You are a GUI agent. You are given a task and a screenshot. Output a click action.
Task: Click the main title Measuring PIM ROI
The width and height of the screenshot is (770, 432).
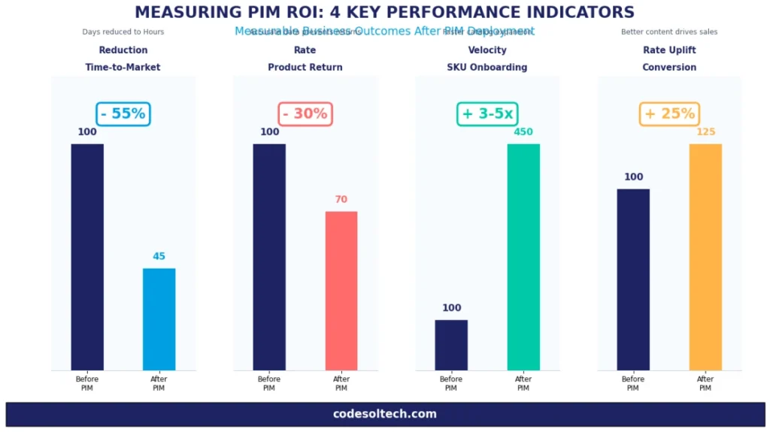pos(384,12)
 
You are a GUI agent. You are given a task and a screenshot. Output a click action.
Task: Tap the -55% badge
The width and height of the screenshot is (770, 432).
pos(123,114)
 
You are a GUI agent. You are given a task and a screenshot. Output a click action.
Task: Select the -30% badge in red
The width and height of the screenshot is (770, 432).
pos(305,114)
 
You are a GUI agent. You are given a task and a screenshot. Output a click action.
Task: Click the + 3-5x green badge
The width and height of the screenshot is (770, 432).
pos(487,114)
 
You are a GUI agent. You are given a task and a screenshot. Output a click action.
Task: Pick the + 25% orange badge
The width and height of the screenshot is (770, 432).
pos(669,114)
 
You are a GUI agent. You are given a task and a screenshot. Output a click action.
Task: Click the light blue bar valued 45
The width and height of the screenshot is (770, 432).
pos(159,319)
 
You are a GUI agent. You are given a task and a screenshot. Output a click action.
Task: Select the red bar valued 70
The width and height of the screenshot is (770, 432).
pos(341,291)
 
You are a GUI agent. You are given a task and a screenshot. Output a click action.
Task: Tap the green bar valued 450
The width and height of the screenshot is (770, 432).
pos(523,257)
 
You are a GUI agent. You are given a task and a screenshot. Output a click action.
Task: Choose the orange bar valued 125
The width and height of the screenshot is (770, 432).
pos(705,257)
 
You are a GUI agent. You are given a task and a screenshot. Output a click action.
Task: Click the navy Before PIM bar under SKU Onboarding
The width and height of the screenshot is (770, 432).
pos(451,345)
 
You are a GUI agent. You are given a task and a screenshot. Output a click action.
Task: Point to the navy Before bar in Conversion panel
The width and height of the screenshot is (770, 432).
pos(633,279)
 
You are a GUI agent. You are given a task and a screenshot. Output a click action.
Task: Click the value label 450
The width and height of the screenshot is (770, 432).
pos(523,132)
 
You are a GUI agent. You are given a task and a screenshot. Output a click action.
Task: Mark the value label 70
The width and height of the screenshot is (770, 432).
pos(341,200)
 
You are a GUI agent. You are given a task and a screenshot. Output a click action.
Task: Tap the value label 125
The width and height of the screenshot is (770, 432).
pos(705,132)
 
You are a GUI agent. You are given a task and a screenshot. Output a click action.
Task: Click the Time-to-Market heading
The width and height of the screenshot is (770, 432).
pos(123,68)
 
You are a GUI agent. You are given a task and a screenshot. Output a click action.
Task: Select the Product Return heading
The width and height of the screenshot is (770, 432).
pos(305,68)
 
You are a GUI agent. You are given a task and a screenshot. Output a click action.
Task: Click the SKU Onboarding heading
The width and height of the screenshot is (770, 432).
pos(487,68)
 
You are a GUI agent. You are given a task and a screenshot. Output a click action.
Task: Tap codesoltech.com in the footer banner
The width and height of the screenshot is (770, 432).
pos(384,414)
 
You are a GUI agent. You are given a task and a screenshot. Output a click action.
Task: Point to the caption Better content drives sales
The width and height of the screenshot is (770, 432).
pos(669,32)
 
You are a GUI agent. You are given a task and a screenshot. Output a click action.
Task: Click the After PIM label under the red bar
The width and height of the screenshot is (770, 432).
pos(341,383)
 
